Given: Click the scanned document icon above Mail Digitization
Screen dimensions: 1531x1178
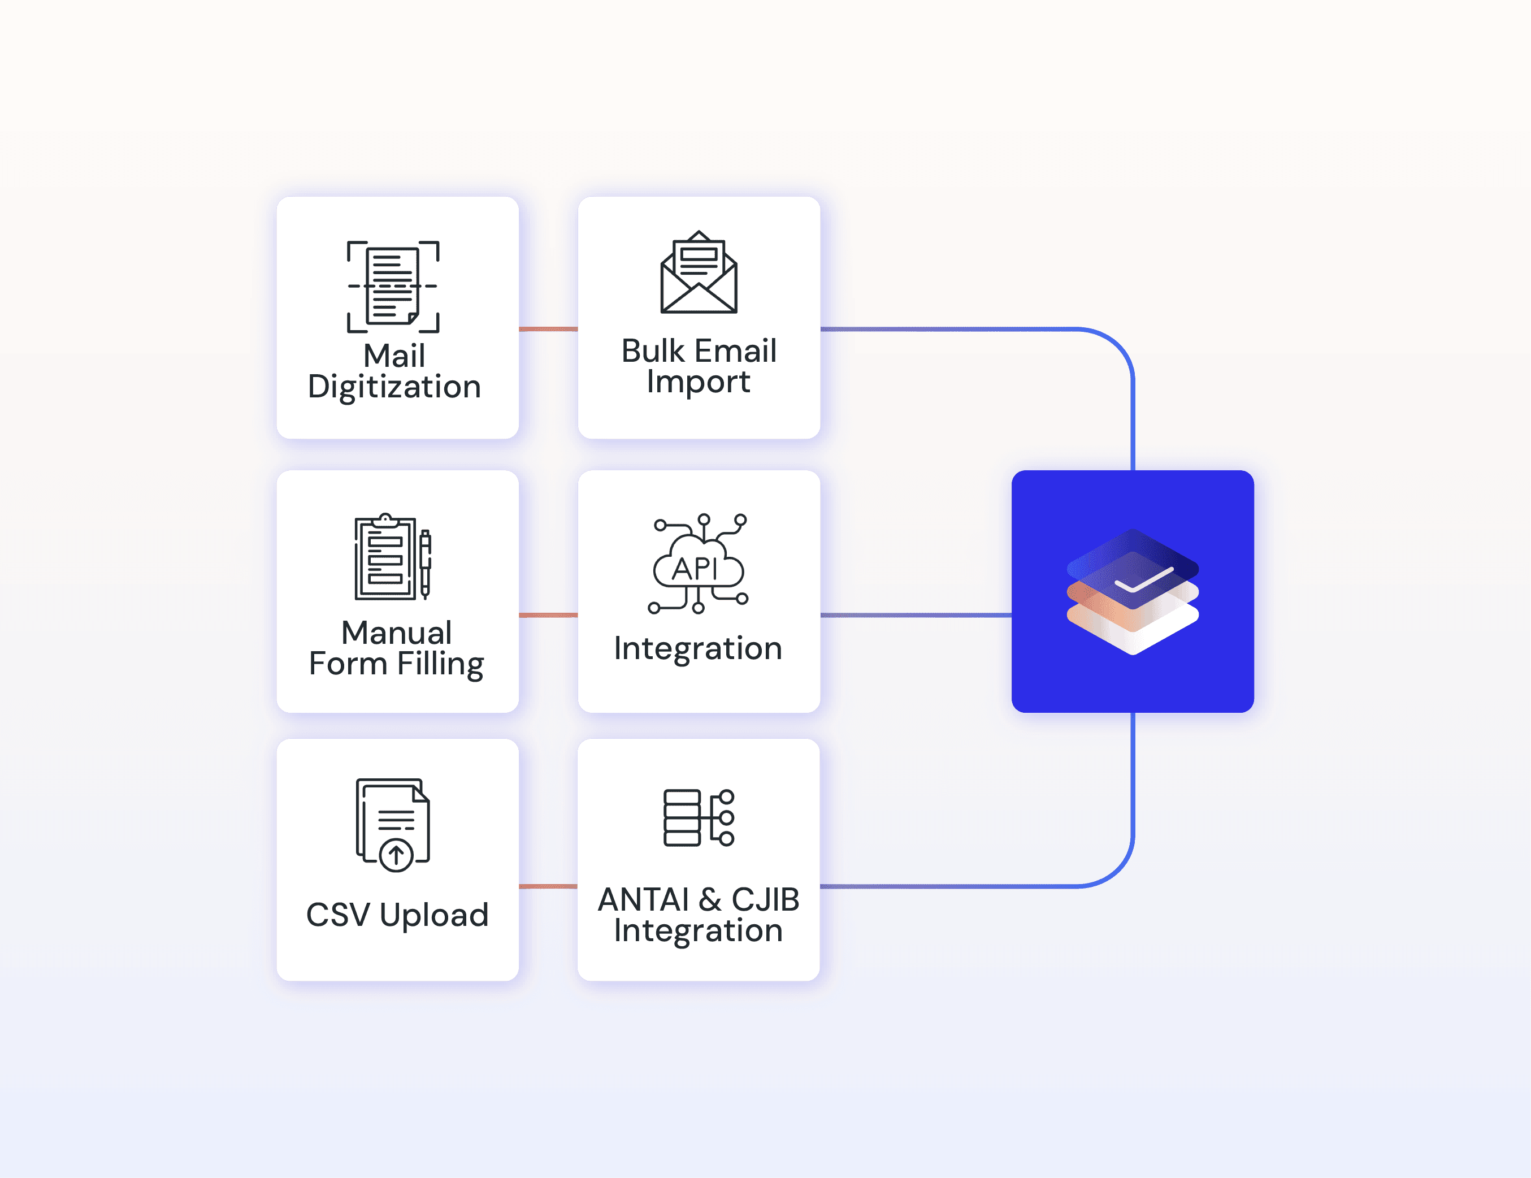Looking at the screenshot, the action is (x=393, y=286).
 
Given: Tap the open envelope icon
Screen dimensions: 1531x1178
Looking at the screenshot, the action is (x=699, y=272).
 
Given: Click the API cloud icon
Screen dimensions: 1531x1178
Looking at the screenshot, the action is (x=698, y=564).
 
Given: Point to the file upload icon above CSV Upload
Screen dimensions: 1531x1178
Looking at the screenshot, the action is (x=393, y=825).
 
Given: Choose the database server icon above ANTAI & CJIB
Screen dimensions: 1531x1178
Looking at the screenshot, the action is (x=699, y=817).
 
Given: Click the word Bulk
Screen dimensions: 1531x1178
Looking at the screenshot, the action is (x=653, y=350).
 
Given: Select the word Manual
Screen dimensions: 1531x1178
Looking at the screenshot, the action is (x=397, y=633).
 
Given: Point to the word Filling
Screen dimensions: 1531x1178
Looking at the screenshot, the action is (x=440, y=665).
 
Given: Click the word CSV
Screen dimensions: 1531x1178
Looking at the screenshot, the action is (x=338, y=915).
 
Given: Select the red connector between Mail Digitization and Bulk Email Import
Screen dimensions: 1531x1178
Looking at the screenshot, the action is (x=548, y=329).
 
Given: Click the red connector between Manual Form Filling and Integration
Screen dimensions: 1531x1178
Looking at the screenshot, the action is (x=548, y=615).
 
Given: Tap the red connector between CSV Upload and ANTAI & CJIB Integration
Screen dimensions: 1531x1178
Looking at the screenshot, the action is (x=548, y=886).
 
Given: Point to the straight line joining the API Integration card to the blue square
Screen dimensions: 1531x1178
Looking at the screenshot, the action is (x=916, y=615).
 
